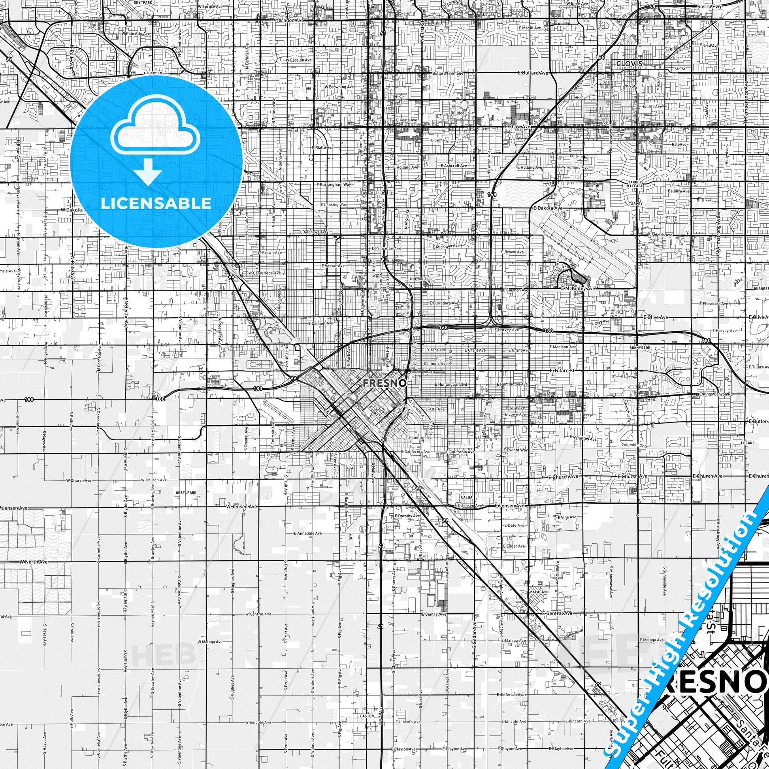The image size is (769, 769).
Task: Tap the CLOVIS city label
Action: (629, 64)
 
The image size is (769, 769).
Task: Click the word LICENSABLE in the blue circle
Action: (156, 203)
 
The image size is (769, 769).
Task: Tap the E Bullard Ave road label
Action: (533, 73)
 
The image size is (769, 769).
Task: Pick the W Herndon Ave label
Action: (284, 19)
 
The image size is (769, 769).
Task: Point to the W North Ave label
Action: (33, 562)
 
